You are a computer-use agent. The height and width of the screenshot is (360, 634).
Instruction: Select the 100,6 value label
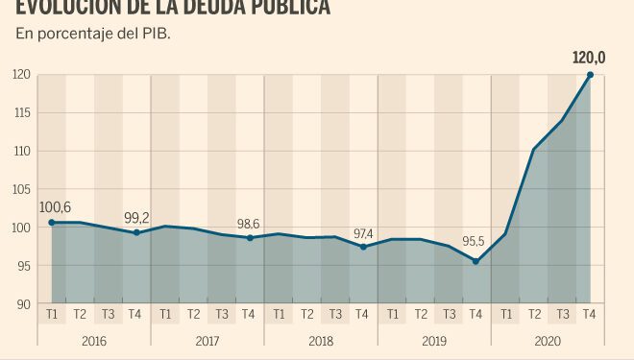coord(55,205)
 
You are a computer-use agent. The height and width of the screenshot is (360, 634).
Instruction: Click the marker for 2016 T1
coord(52,223)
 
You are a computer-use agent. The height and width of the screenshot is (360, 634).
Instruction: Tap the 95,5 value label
coord(475,244)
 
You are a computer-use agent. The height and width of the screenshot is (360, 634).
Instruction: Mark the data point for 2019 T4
coord(475,261)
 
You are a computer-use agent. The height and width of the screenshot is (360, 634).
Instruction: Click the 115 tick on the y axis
coord(21,113)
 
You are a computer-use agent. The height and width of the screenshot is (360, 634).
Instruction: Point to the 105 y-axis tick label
coord(21,190)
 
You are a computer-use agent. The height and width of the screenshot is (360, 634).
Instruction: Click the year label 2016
coord(94,341)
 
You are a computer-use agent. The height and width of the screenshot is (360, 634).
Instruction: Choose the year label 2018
coord(320,341)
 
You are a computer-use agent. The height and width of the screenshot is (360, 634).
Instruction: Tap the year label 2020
coord(547,341)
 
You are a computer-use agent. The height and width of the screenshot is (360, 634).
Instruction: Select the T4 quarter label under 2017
coord(249,314)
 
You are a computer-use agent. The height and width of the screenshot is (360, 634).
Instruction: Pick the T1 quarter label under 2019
coord(391,314)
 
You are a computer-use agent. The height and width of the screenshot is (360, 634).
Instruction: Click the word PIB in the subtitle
coord(165,34)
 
